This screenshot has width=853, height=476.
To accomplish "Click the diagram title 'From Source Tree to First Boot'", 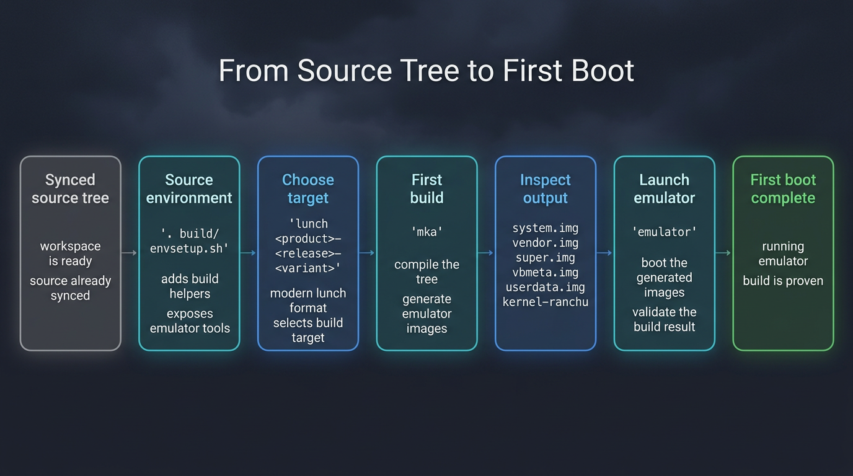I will point(427,71).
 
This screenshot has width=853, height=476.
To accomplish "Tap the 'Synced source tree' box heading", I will point(70,189).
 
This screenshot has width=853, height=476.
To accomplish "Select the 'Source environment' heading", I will point(189,189).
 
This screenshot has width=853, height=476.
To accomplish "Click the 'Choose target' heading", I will point(308,189).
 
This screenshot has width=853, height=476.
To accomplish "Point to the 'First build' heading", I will point(427,189).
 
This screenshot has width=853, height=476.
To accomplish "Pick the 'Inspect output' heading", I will point(546,189).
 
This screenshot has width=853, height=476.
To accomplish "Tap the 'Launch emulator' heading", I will point(664,189).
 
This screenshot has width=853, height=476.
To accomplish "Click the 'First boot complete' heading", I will point(783,189).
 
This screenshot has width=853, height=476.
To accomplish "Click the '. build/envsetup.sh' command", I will point(189,241).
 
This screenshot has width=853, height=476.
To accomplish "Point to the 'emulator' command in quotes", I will point(664,232).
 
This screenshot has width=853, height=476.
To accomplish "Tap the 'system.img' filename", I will point(546,228).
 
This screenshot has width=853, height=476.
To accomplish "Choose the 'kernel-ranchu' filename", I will point(546,302).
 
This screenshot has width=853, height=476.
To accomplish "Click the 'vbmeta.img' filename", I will point(546,273).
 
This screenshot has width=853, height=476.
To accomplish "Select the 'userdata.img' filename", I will point(546,288).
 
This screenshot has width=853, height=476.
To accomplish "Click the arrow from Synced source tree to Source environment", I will point(130,253).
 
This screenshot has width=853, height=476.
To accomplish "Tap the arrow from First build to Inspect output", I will point(486,253).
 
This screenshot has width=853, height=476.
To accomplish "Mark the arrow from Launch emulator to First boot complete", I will point(723,253).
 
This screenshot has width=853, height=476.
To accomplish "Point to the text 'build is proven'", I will point(783,281).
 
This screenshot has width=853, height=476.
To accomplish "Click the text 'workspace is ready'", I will point(70,253).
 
